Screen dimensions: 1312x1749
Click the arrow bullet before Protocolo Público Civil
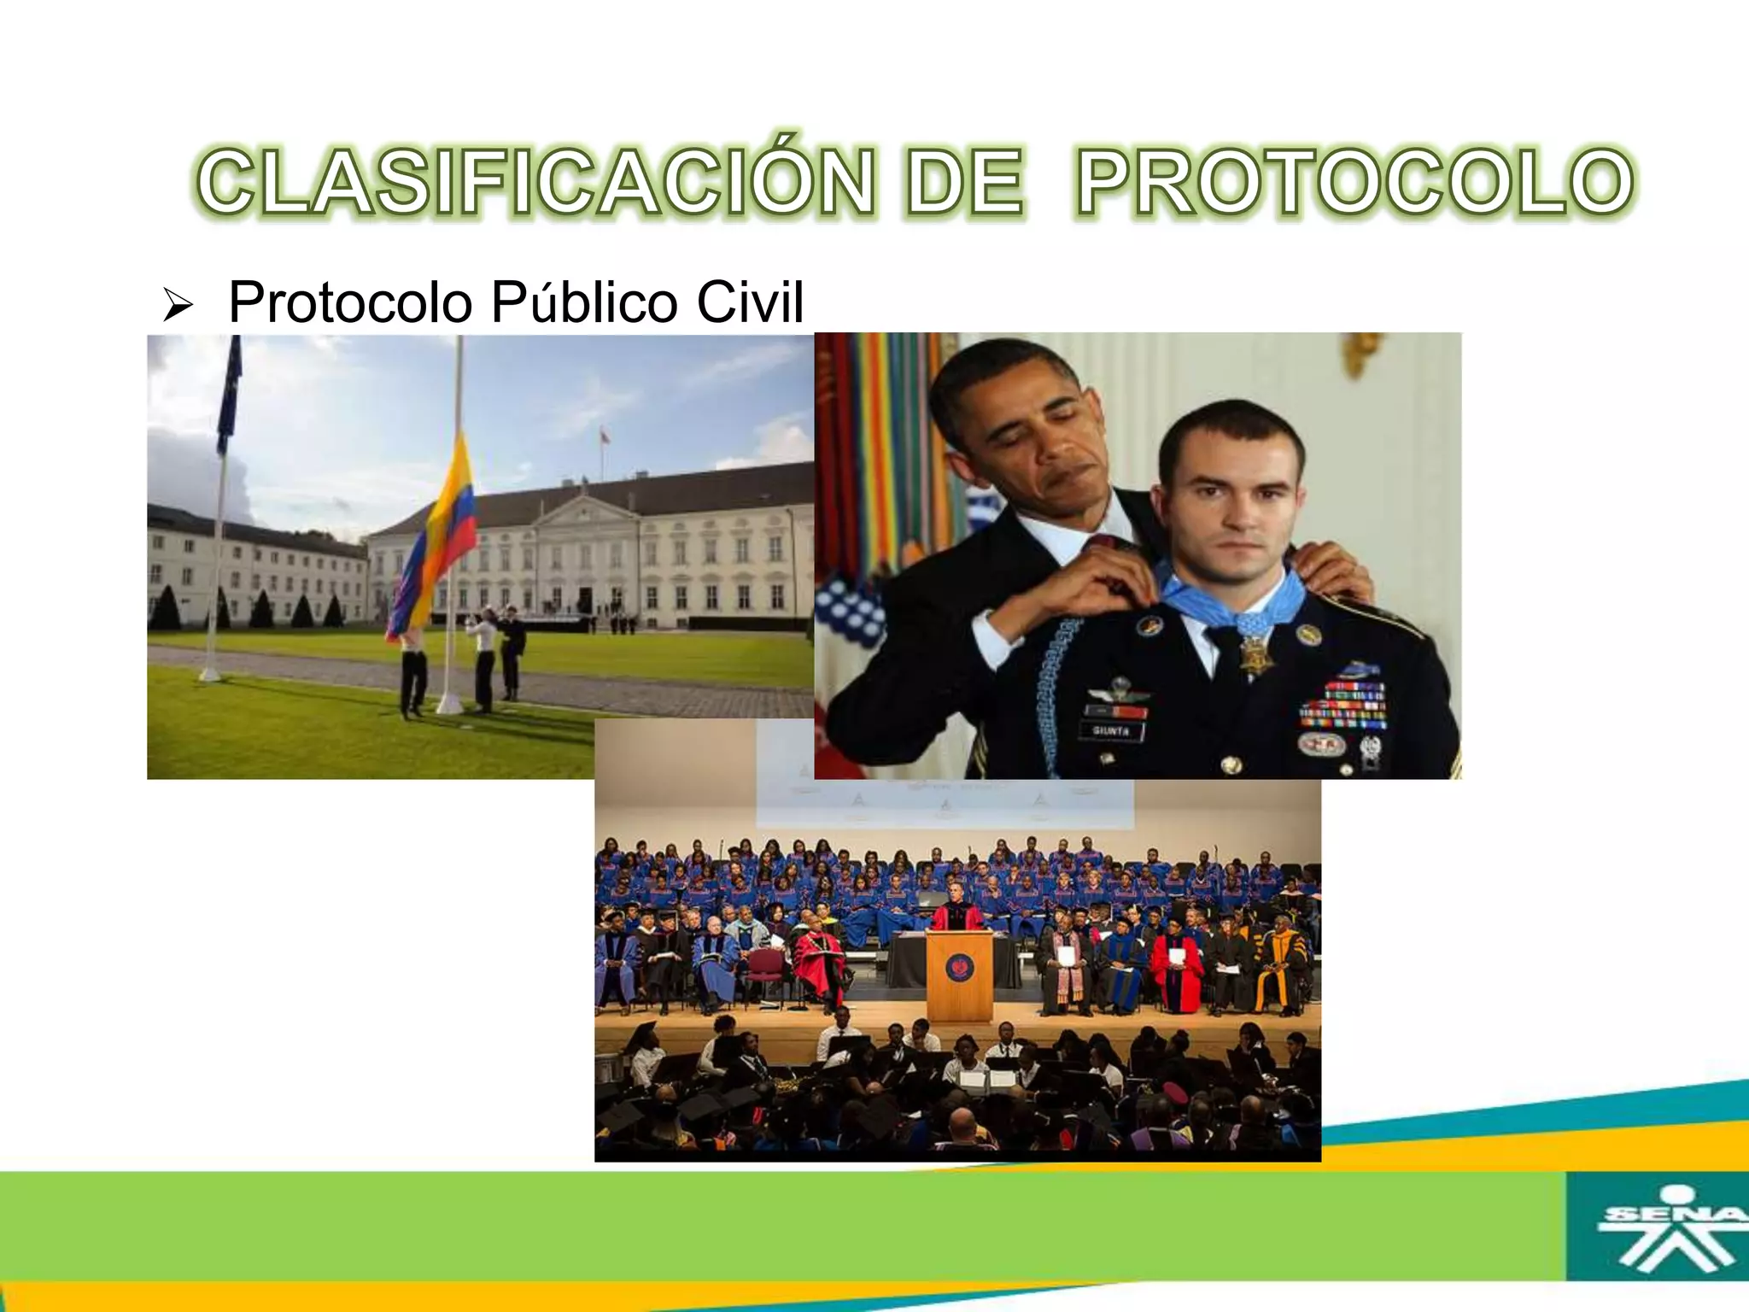click(x=178, y=305)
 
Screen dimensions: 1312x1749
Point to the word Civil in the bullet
click(x=750, y=302)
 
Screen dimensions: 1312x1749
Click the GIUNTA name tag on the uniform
click(x=1112, y=731)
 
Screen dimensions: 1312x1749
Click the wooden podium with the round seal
click(x=960, y=974)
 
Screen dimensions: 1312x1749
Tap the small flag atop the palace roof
click(x=605, y=436)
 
